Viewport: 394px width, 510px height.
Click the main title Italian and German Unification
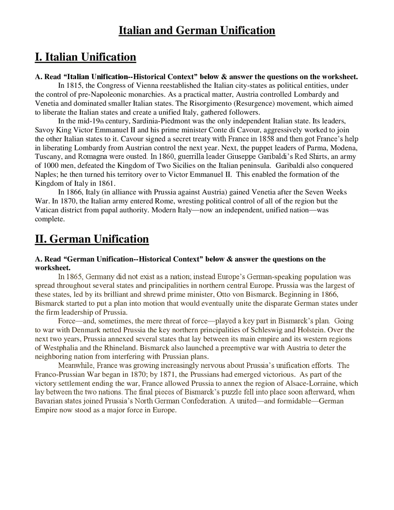(x=197, y=30)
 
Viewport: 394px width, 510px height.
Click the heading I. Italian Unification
(x=85, y=57)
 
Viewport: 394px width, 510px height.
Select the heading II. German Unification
(x=92, y=239)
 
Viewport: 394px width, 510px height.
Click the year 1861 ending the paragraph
(x=106, y=184)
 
